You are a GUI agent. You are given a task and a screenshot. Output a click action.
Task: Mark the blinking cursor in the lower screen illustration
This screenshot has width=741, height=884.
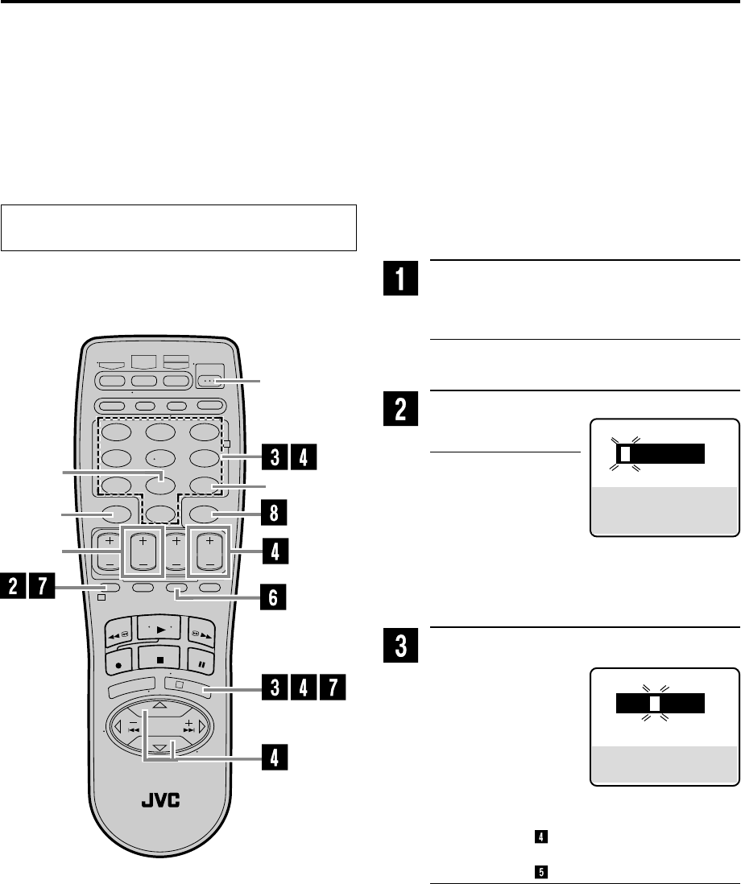(655, 702)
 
